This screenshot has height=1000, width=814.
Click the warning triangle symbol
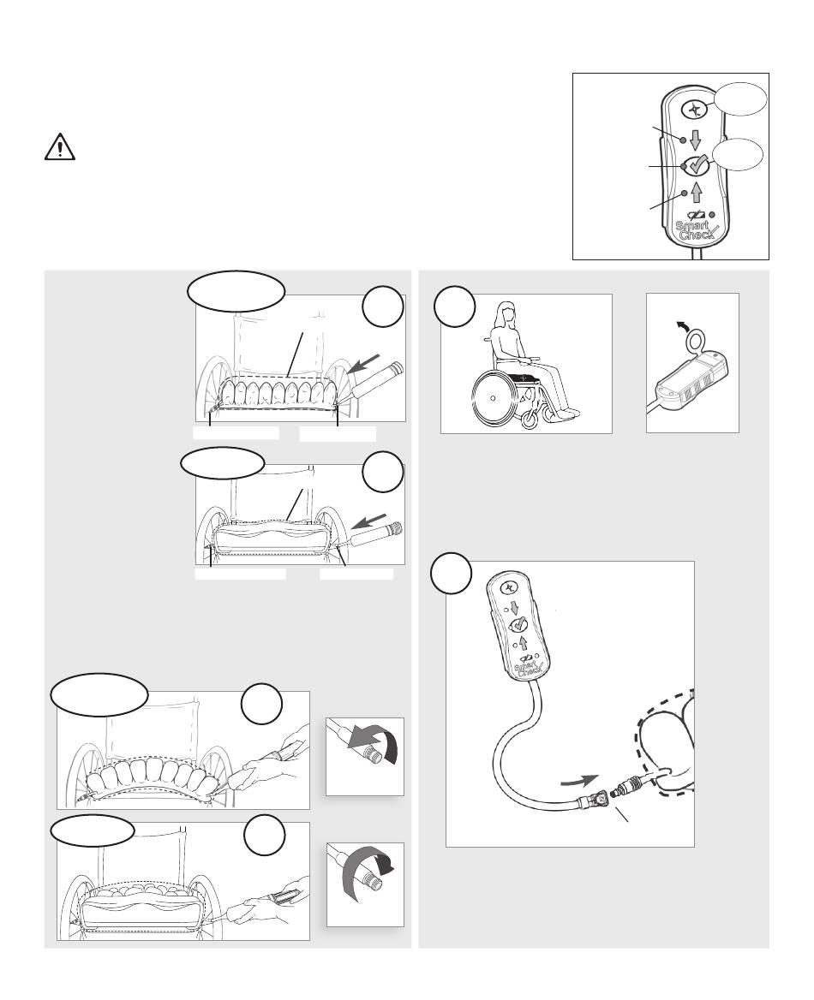pos(60,146)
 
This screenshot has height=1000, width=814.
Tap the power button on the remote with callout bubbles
pos(693,110)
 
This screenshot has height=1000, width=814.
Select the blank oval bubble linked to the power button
pos(740,98)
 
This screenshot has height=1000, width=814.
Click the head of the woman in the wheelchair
pos(506,313)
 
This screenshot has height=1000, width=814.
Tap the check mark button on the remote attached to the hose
pos(517,624)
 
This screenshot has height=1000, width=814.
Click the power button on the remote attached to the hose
pos(510,586)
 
